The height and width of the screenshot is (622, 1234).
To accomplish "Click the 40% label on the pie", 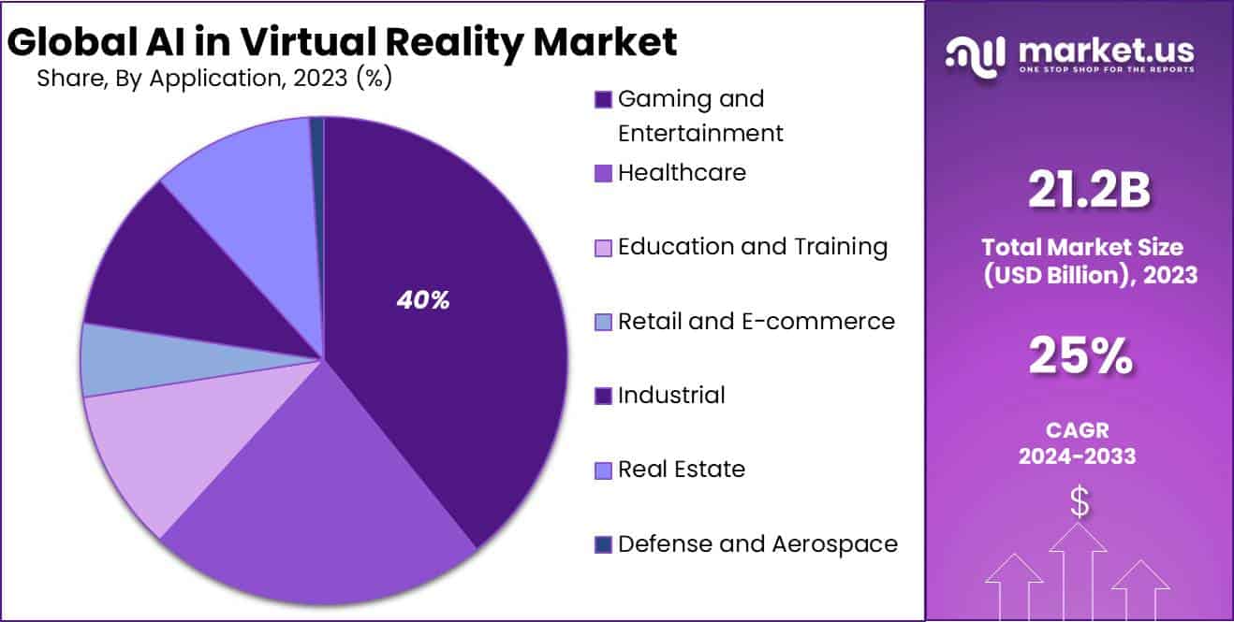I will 423,300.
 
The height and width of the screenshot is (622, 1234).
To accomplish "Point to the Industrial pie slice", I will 159,271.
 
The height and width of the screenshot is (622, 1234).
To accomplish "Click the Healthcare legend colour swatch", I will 604,173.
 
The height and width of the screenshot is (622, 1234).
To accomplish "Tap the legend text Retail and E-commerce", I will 757,322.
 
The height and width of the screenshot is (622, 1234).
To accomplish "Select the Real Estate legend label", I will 682,470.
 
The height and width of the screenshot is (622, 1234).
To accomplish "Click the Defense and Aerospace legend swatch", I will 604,544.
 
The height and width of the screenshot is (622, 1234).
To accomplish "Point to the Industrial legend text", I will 671,396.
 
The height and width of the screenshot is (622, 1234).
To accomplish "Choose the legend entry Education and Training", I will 753,247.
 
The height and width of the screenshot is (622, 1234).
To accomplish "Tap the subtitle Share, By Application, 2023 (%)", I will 214,79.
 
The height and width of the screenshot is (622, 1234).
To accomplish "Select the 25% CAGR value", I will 1080,356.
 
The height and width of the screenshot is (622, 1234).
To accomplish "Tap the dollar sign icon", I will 1080,503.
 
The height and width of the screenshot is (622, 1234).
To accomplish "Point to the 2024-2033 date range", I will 1078,456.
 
